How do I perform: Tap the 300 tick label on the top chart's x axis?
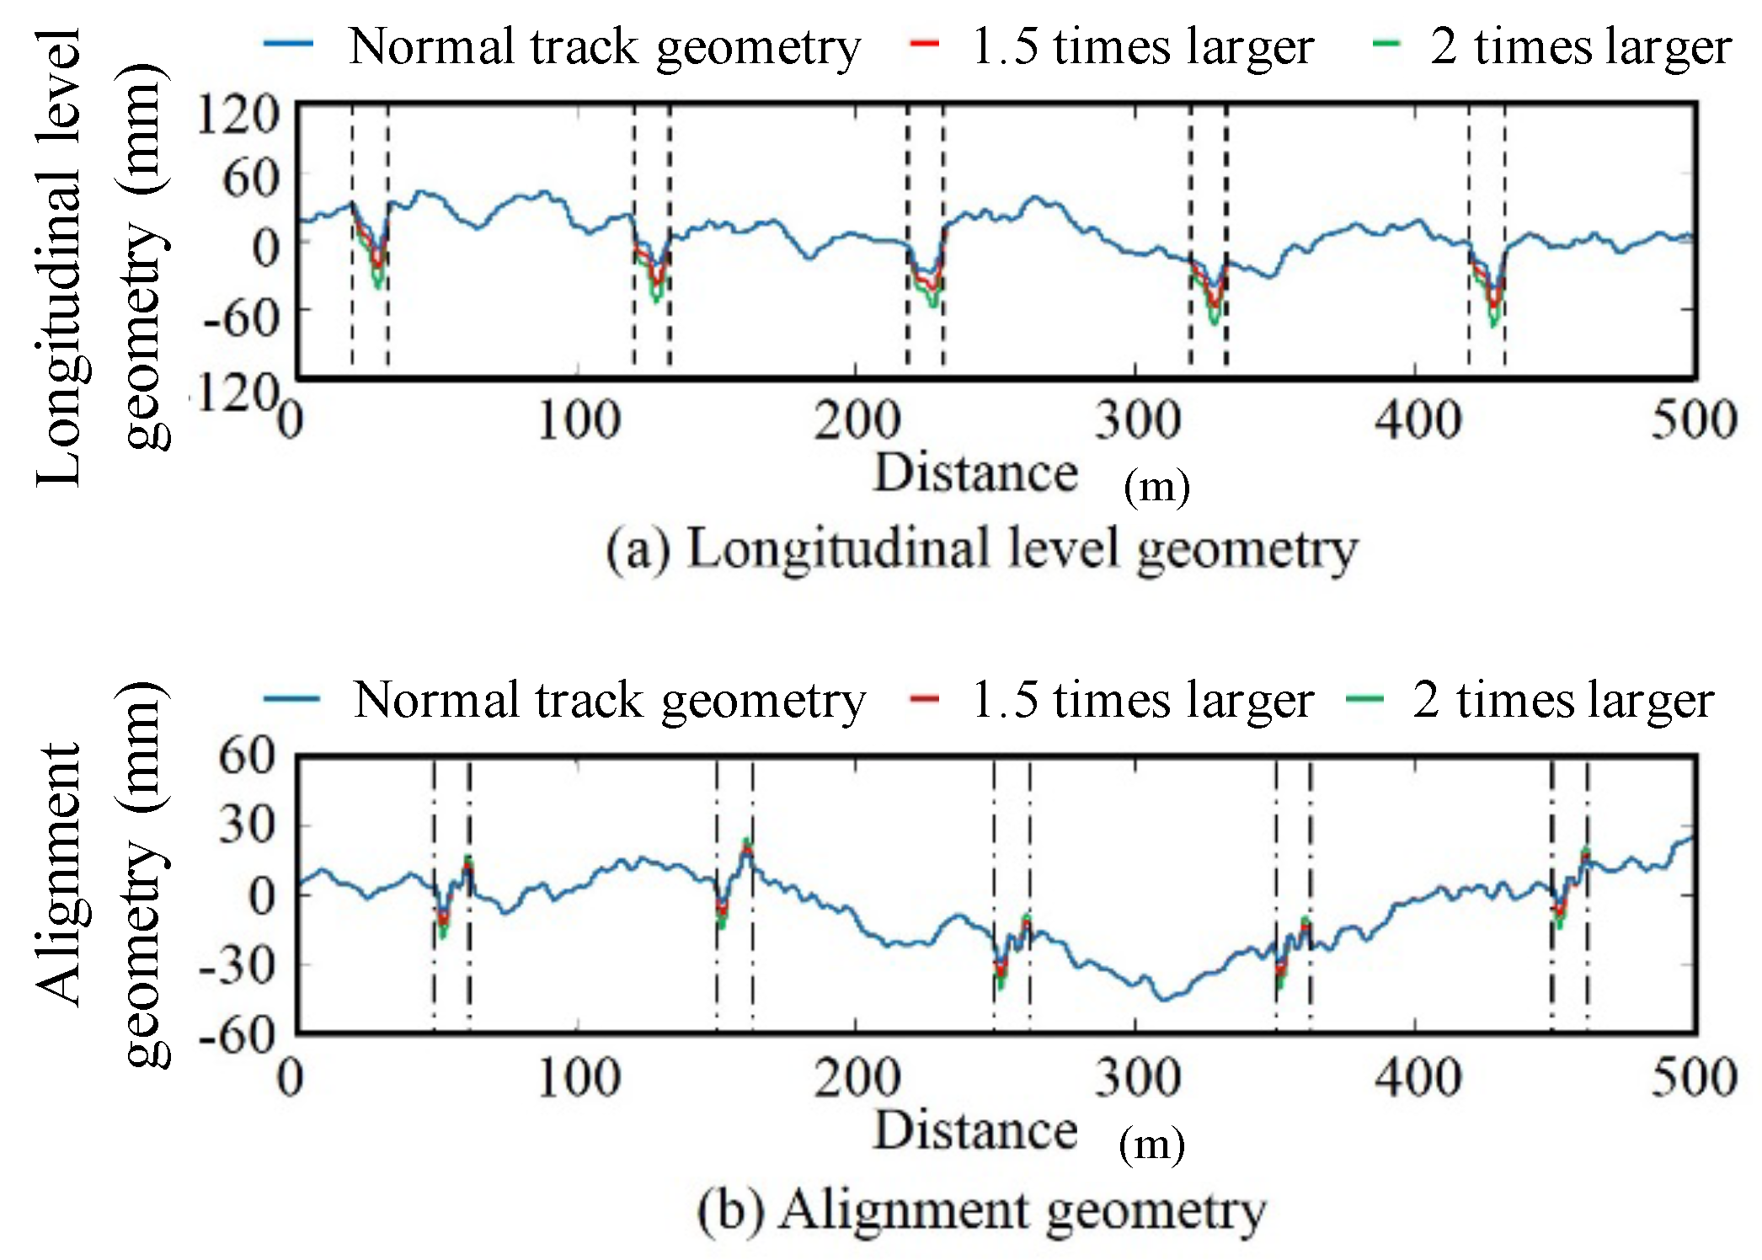[x=1137, y=420]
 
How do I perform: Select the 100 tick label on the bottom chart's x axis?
[x=579, y=1077]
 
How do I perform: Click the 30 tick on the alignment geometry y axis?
[x=246, y=825]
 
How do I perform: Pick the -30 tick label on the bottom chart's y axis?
[x=238, y=964]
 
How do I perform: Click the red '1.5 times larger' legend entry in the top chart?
[x=1112, y=45]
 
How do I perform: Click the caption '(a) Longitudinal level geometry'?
[x=981, y=549]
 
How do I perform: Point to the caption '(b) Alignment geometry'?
[x=981, y=1211]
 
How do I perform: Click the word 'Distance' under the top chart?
[x=975, y=472]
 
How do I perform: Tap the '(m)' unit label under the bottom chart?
[x=1151, y=1144]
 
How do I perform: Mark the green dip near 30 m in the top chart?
[x=378, y=285]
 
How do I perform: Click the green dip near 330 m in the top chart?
[x=1215, y=321]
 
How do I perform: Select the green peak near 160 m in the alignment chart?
[x=746, y=841]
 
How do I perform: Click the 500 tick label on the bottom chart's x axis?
[x=1693, y=1077]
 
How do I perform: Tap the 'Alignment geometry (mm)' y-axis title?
[x=101, y=876]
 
